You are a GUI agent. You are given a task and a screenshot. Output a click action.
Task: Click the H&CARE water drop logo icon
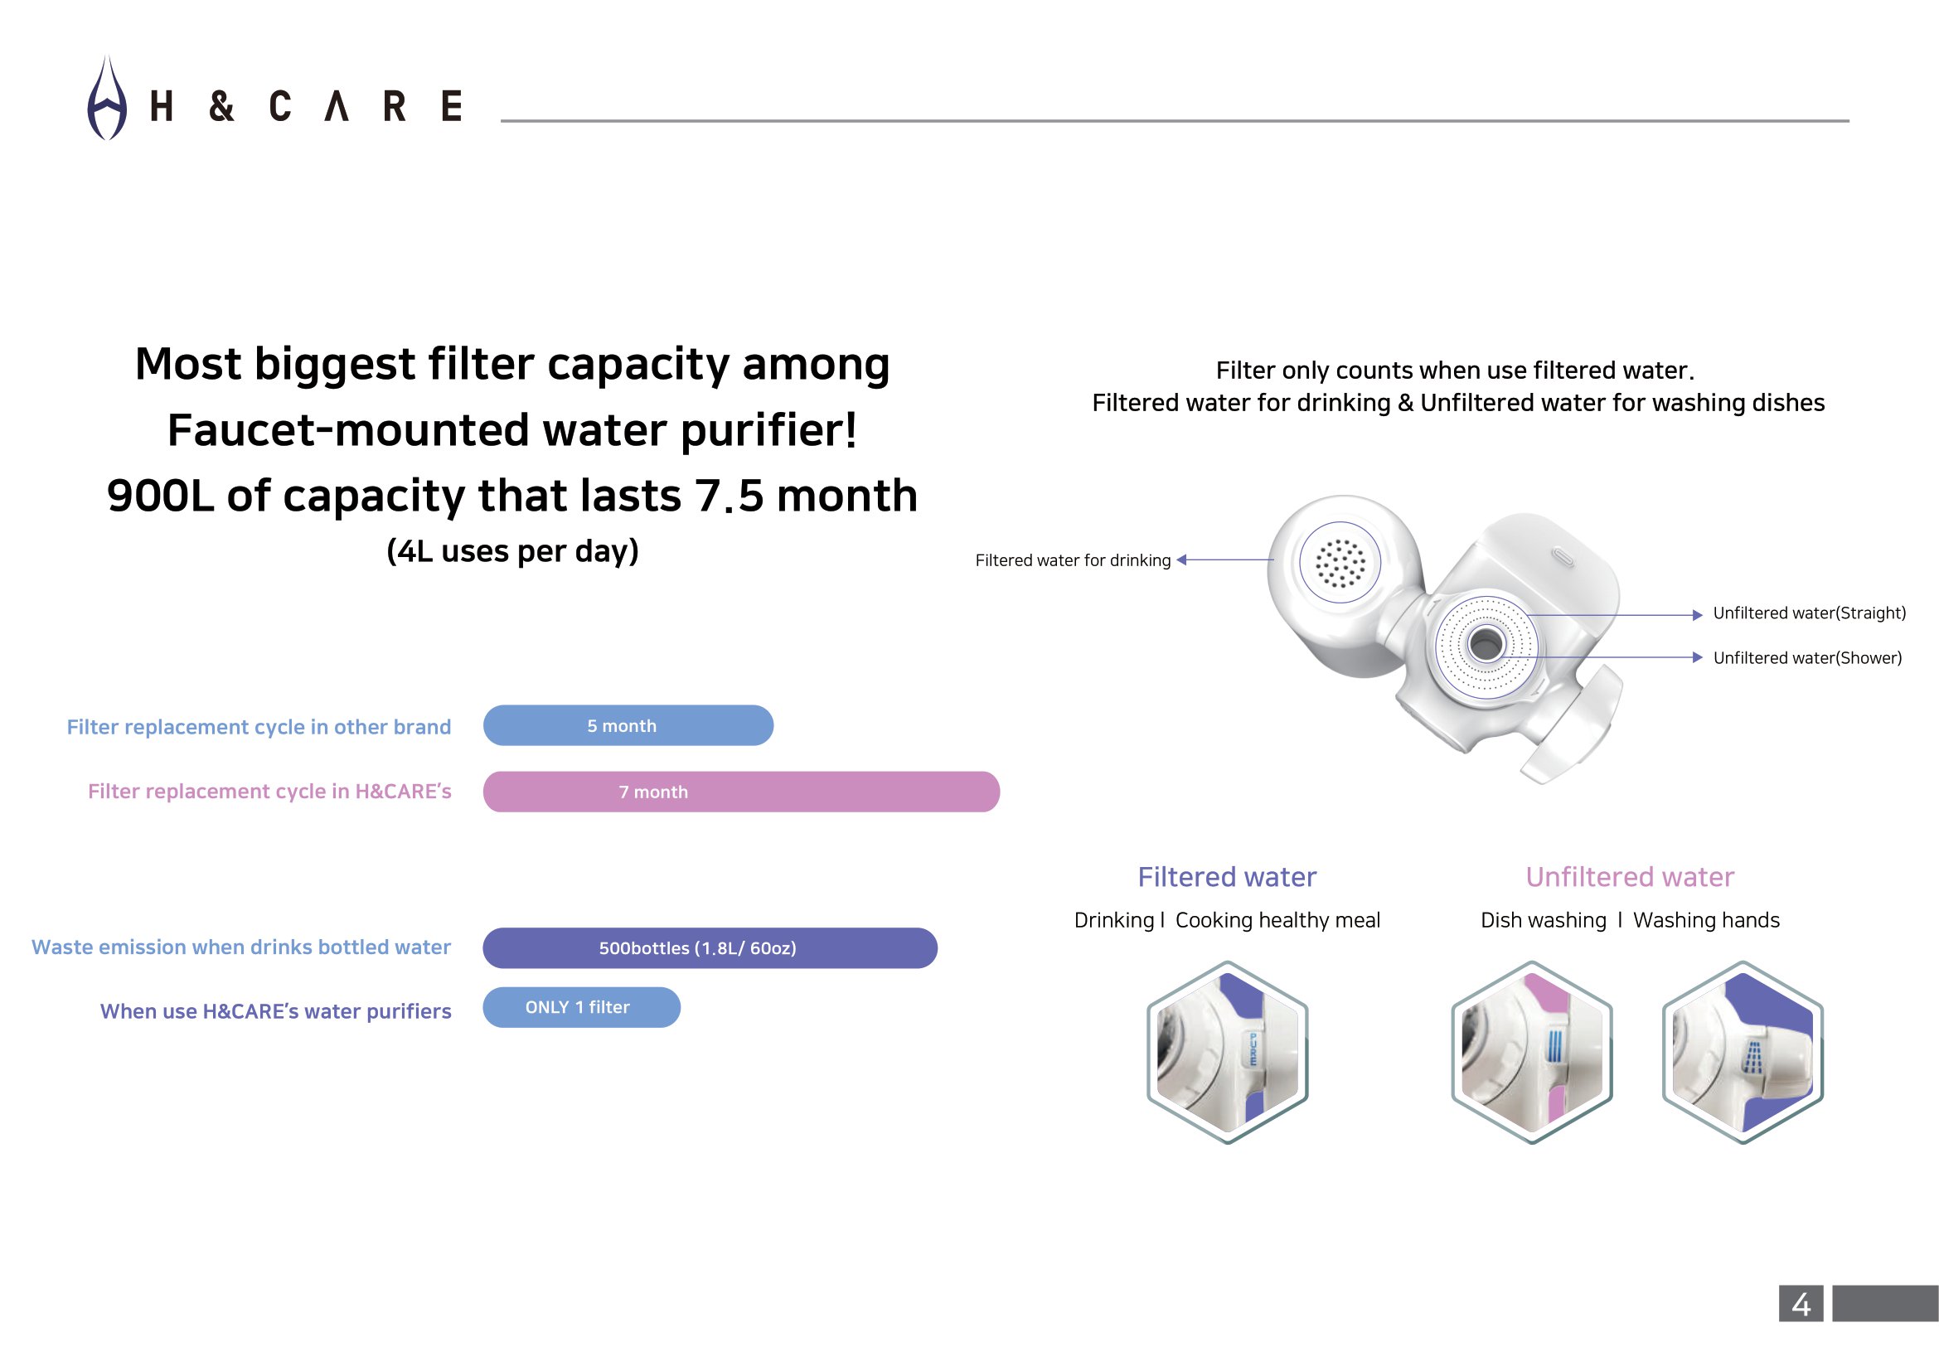pos(107,99)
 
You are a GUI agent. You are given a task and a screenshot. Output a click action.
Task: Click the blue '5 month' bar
pos(628,725)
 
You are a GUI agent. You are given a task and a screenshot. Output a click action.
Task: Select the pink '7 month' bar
pos(740,792)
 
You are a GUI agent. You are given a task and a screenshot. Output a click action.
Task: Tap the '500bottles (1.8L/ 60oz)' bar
pos(710,948)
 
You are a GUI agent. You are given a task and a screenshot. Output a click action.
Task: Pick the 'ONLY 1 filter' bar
pos(581,1007)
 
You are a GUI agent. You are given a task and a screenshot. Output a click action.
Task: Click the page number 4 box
pos(1801,1304)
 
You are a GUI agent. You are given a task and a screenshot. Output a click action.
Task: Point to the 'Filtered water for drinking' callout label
pos(1073,560)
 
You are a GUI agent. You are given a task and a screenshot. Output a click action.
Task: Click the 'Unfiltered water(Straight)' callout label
pos(1809,613)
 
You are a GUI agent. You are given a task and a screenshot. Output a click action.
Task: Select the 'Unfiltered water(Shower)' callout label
pos(1807,658)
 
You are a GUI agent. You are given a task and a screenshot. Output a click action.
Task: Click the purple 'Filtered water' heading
pos(1226,877)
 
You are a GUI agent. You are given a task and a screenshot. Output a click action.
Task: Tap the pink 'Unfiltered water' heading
pos(1629,877)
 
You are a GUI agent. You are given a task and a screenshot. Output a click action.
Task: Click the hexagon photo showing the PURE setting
pos(1227,1052)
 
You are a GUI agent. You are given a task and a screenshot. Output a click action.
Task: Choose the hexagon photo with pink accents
pos(1532,1052)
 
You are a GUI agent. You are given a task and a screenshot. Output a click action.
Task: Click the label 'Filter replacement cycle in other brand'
pos(259,727)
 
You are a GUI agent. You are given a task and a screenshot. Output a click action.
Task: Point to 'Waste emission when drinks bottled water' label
pos(240,947)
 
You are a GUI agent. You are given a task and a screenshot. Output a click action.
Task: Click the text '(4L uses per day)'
pos(512,551)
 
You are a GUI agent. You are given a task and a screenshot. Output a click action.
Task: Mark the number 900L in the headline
pos(160,496)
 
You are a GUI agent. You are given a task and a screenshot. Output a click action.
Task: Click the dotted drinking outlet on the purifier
pos(1340,562)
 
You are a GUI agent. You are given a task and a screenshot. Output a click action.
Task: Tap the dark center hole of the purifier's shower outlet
pos(1486,645)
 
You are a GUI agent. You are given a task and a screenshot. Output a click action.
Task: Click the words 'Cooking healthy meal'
pos(1277,920)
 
